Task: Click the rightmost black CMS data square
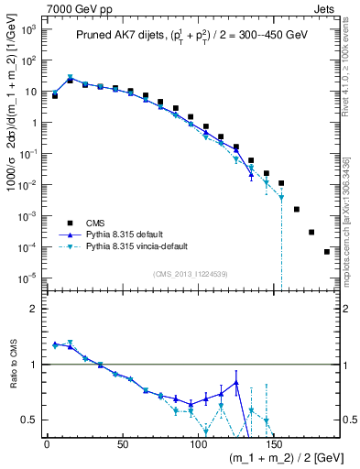coord(327,252)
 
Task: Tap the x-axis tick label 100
coord(197,446)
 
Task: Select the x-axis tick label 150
coord(272,446)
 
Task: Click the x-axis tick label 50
coord(122,446)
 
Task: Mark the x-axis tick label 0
coord(47,446)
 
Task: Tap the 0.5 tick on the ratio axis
coord(28,420)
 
